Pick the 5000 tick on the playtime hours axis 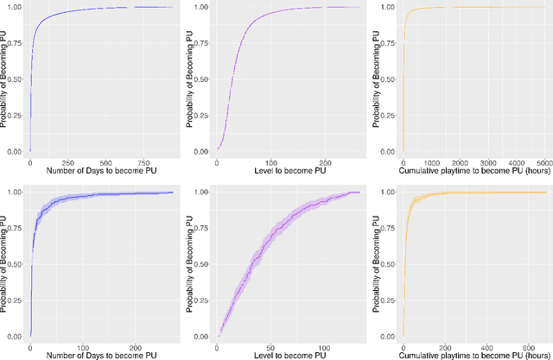[542, 161]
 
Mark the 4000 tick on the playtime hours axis [514, 161]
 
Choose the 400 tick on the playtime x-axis [463, 343]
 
